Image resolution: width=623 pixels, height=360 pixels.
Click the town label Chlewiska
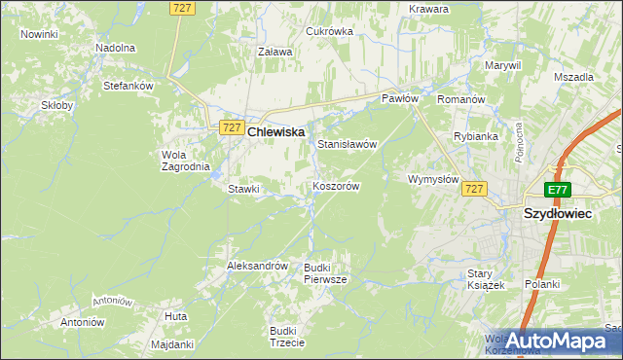(x=276, y=131)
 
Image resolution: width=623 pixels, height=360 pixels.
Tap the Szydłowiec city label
(x=558, y=212)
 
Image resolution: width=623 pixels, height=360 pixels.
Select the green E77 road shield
(x=557, y=190)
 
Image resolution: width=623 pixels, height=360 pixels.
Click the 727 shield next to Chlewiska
(x=231, y=127)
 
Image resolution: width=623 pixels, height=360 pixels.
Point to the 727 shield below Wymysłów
(x=474, y=189)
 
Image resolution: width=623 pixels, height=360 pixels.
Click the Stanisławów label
(x=347, y=144)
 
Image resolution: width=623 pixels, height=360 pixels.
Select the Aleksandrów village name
(x=257, y=265)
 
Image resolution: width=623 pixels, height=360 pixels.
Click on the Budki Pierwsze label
(x=325, y=273)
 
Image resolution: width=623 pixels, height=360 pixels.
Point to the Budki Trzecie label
(x=288, y=337)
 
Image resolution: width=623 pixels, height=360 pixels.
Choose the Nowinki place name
(x=39, y=34)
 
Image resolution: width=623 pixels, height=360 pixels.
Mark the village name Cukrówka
(x=329, y=31)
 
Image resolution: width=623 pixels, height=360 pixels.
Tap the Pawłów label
(x=399, y=99)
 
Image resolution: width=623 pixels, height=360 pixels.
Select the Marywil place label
(x=503, y=65)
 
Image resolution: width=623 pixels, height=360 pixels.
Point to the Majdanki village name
(x=173, y=344)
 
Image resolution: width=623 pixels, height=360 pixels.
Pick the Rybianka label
(x=476, y=136)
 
